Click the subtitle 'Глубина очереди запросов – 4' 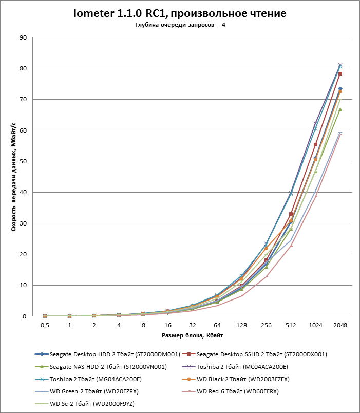pyautogui.click(x=180, y=25)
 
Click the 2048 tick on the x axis pyautogui.click(x=340, y=326)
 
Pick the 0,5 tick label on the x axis pyautogui.click(x=45, y=326)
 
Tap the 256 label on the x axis pyautogui.click(x=266, y=326)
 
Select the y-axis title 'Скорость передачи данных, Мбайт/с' pyautogui.click(x=14, y=177)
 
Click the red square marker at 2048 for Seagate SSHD pyautogui.click(x=340, y=74)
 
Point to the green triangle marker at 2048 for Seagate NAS pyautogui.click(x=340, y=109)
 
